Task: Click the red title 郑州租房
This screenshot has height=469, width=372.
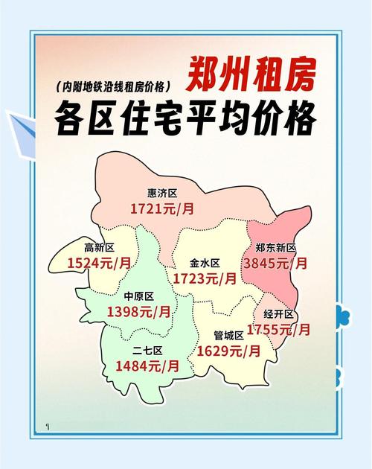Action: pos(250,72)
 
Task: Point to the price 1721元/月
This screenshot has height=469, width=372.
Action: pos(162,209)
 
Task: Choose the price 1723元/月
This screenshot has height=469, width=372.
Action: pos(205,279)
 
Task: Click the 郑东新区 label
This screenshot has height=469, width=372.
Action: pos(276,248)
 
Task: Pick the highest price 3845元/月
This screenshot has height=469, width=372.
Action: pos(276,263)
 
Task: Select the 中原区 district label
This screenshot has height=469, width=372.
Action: pos(138,296)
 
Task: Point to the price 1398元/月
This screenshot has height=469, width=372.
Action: pos(139,312)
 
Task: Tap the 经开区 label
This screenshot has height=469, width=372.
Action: pos(280,315)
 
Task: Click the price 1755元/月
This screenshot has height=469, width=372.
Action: pos(279,330)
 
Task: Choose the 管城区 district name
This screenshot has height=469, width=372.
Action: pos(228,335)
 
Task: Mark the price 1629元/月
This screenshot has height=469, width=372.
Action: pos(228,350)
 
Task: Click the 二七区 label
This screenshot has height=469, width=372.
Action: pos(147,351)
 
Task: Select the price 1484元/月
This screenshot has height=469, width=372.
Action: pos(147,366)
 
